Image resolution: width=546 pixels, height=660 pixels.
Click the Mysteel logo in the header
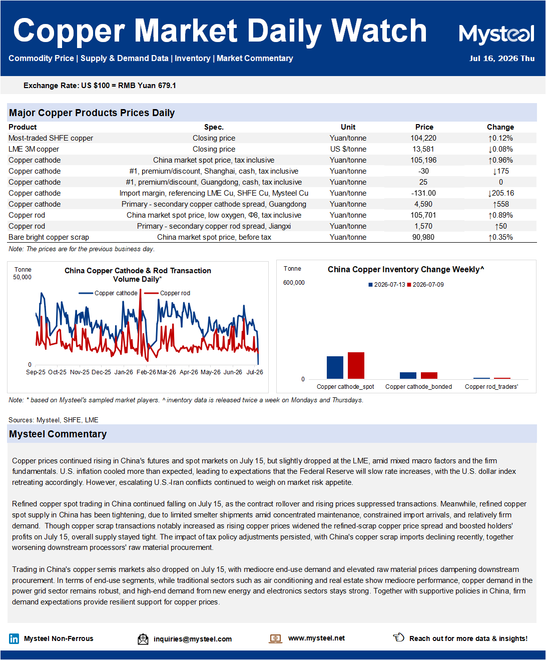(496, 34)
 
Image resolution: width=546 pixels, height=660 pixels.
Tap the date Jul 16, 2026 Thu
(502, 59)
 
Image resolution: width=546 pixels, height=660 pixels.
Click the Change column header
(500, 127)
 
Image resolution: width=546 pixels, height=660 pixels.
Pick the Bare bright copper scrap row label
(49, 237)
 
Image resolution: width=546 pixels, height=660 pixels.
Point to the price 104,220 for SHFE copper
(423, 138)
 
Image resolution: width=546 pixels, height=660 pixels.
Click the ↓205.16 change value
(500, 193)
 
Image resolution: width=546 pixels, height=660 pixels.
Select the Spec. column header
(214, 127)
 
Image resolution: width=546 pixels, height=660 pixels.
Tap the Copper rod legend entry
(167, 293)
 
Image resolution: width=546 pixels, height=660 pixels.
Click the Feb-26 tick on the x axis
(146, 372)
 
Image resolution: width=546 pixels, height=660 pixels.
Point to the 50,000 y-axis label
(22, 277)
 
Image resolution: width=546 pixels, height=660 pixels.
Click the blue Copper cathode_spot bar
(335, 367)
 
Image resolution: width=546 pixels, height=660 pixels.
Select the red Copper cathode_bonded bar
(429, 375)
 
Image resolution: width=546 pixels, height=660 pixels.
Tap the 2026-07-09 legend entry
(425, 285)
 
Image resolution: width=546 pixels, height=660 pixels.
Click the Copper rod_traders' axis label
(491, 387)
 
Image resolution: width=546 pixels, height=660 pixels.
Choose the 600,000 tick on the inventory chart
(294, 283)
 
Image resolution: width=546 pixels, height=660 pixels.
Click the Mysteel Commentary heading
(58, 434)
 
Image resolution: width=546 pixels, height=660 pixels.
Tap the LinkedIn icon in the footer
(14, 639)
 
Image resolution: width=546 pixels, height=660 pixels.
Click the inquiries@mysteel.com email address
(193, 639)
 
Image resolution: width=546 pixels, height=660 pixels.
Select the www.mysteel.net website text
(316, 638)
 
